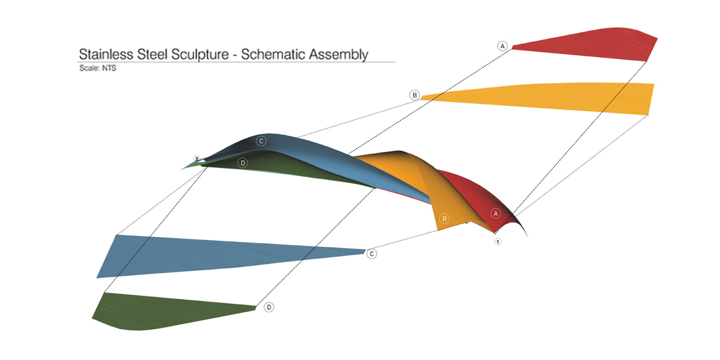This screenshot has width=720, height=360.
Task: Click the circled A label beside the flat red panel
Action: click(502, 46)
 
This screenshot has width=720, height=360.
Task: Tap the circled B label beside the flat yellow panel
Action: click(414, 95)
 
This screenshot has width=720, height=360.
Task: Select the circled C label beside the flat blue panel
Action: click(372, 254)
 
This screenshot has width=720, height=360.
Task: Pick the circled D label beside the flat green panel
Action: click(269, 307)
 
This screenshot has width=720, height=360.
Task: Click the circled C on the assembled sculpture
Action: click(261, 141)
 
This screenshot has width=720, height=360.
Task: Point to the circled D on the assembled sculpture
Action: click(243, 163)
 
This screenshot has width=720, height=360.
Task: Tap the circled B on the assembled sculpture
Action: click(444, 219)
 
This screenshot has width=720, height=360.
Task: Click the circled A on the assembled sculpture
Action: click(496, 213)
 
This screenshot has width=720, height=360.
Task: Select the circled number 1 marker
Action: click(498, 242)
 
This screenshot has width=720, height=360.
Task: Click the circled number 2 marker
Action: click(197, 159)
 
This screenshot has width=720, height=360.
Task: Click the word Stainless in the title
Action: click(106, 54)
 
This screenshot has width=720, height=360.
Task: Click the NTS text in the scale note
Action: click(109, 68)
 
